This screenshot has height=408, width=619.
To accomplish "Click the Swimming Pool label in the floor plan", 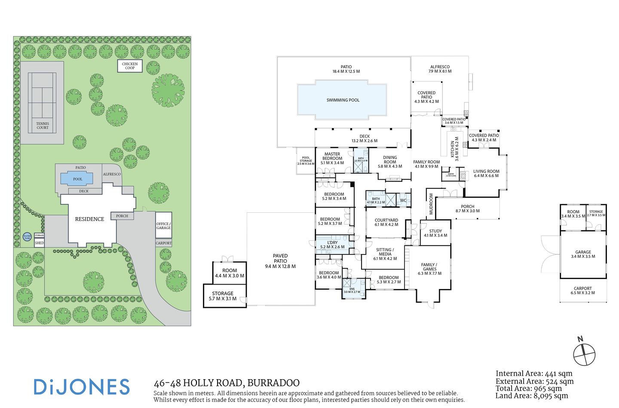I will coord(343,100).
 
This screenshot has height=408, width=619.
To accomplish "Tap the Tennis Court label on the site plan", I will coord(43,126).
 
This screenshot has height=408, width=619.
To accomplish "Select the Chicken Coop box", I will coord(130,66).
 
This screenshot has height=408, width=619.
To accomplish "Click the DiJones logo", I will coord(82,387).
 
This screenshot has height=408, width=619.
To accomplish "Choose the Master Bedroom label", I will coord(332,159).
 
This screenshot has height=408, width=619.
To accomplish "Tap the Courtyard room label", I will coord(386,222).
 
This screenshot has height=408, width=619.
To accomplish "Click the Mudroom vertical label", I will coord(431,204).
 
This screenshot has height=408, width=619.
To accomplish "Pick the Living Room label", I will coord(486,173).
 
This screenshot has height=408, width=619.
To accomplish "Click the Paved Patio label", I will coord(280,261).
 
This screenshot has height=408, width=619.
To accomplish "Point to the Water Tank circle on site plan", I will coord(27,237).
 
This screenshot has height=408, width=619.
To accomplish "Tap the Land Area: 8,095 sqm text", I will coord(531,396).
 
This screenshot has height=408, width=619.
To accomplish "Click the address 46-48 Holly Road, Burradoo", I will coord(227,383).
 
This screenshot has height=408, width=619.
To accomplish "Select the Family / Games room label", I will coord(429,269).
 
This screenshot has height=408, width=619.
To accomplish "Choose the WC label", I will coord(403,200).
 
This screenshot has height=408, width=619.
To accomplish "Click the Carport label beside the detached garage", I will coord(582,291).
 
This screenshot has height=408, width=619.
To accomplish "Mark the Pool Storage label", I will coord(306,161).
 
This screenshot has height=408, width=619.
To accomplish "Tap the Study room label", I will coord(435,233).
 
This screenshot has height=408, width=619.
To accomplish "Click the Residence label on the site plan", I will coord(89,219).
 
